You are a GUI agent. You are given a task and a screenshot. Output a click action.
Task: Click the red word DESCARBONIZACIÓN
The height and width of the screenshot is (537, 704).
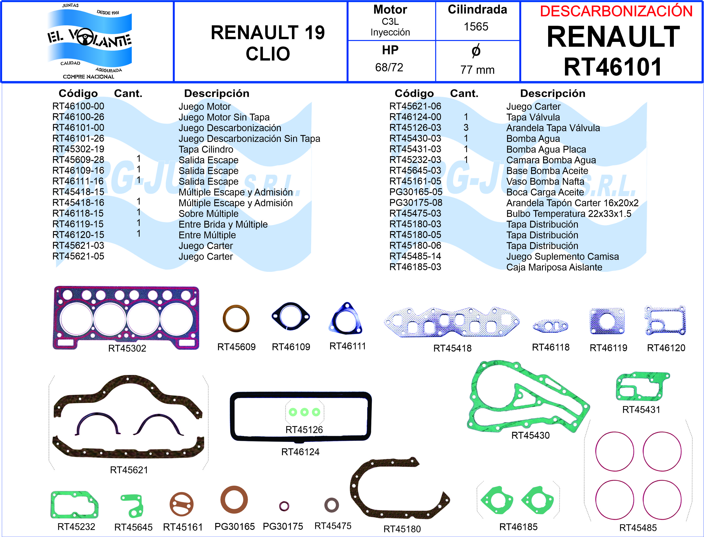tap(616, 11)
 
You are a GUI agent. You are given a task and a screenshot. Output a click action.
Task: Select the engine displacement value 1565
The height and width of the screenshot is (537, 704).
tap(476, 26)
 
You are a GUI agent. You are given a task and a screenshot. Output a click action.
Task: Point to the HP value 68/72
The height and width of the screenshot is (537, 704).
tap(389, 67)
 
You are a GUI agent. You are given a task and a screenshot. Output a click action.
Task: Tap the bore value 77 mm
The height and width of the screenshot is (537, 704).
tap(477, 70)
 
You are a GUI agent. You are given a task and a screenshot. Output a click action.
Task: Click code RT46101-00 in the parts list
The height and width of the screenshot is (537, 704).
tap(78, 128)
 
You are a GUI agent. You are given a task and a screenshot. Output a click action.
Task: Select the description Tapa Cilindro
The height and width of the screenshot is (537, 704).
tap(206, 149)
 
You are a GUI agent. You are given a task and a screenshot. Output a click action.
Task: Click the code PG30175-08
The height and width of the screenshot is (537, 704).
tap(416, 203)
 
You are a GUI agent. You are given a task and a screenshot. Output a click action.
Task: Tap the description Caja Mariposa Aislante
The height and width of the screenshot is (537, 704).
tap(554, 267)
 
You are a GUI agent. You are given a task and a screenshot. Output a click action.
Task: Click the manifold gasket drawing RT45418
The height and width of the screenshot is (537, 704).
tap(452, 322)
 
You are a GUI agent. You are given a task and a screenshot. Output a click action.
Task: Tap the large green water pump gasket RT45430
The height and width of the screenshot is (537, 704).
tap(527, 396)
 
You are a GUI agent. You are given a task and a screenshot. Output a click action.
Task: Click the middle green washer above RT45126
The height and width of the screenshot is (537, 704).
tap(304, 412)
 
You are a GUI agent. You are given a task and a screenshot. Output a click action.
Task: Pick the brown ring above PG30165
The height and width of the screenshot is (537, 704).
tap(234, 500)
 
